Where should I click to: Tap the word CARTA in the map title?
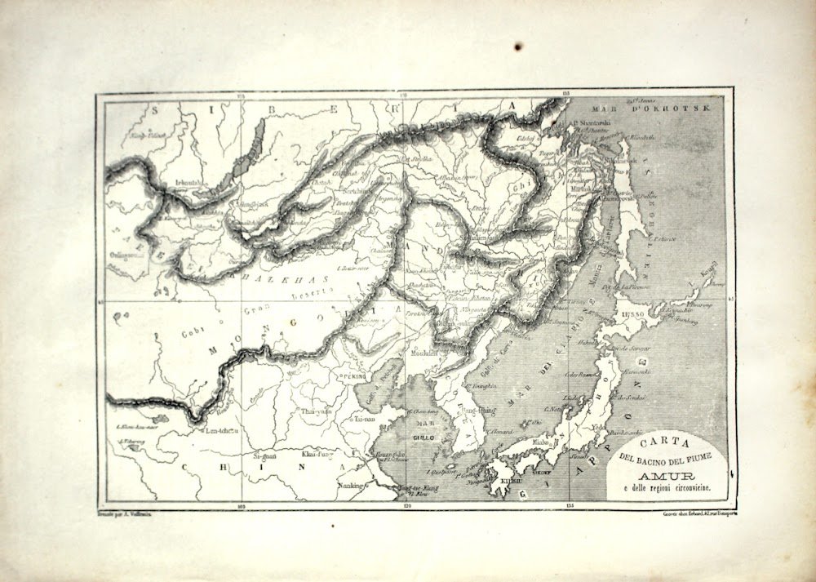[x=668, y=448]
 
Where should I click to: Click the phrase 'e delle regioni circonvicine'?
[x=669, y=487]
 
